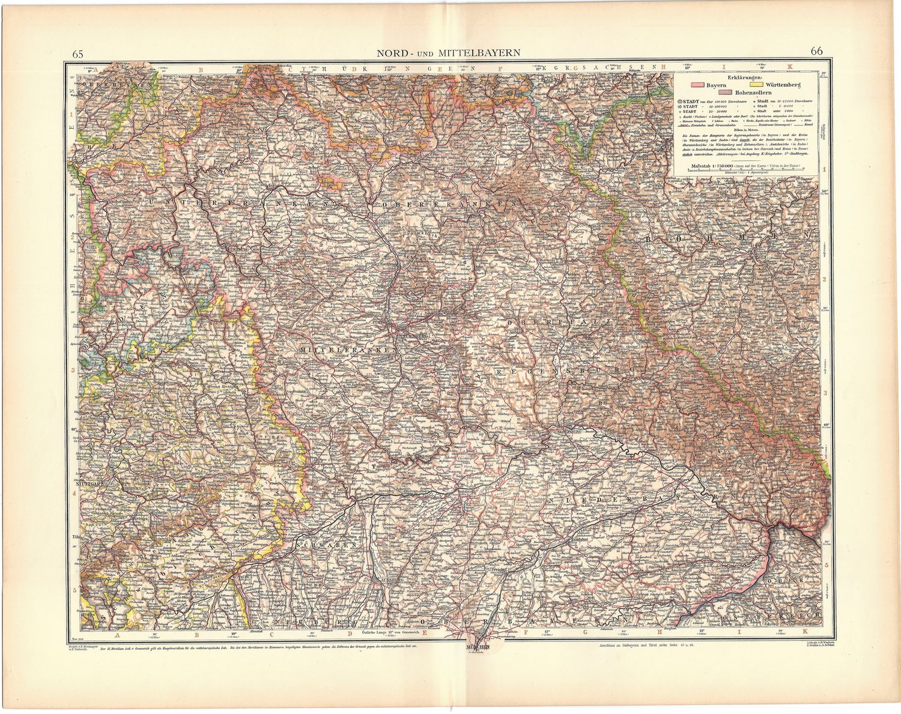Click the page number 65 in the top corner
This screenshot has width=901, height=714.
[x=77, y=53]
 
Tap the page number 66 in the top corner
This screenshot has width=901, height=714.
[x=816, y=51]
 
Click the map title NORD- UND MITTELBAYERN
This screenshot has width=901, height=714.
[x=448, y=52]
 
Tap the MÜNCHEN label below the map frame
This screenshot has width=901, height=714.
[x=478, y=648]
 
